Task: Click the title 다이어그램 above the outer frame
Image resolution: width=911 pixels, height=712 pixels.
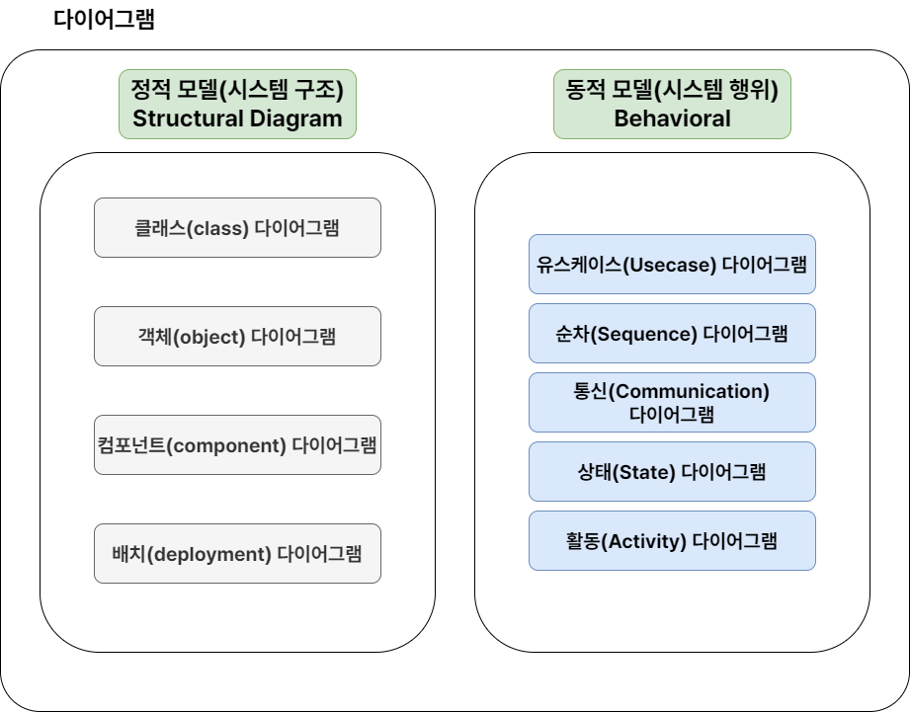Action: click(104, 20)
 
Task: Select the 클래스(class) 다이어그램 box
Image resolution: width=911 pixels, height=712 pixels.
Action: click(237, 227)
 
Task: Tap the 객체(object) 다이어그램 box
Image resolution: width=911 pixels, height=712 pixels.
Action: click(237, 336)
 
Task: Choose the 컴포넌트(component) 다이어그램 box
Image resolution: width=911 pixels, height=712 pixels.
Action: click(237, 444)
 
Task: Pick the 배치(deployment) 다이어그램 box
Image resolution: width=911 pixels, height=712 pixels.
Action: click(237, 553)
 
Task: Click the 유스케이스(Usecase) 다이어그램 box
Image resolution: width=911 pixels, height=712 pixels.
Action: click(672, 264)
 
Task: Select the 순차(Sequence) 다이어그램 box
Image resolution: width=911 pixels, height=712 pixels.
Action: click(672, 333)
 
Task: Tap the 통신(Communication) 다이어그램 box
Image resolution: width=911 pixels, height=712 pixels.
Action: click(672, 402)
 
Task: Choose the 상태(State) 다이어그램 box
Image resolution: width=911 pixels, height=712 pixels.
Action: click(672, 471)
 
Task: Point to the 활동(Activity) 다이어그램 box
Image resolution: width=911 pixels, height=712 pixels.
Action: click(672, 540)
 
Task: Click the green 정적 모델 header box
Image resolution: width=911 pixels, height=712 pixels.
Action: click(237, 104)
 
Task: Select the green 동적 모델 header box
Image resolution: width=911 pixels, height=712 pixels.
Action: click(672, 104)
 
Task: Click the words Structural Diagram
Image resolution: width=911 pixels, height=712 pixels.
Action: click(237, 119)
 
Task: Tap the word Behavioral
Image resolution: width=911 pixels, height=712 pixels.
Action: click(672, 119)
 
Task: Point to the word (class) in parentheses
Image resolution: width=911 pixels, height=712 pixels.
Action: click(218, 228)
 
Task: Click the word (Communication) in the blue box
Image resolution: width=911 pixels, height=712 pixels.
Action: click(689, 391)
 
